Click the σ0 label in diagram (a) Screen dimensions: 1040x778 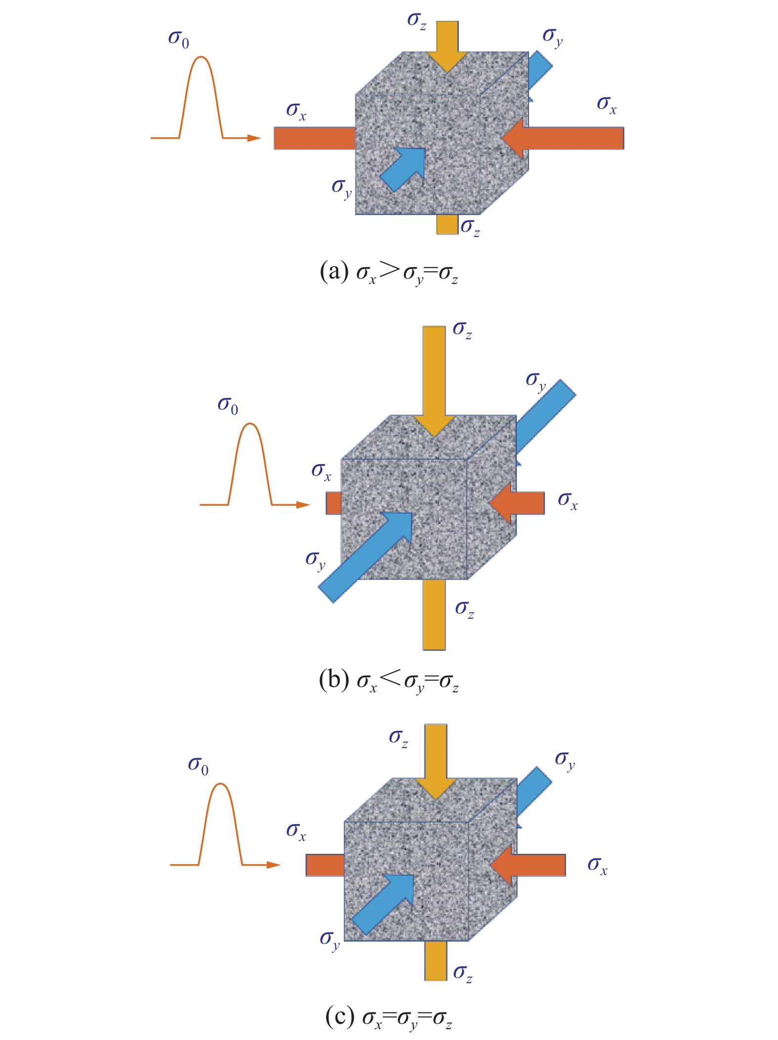[178, 39]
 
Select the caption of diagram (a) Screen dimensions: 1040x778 [389, 273]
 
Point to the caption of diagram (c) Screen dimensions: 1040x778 [389, 1018]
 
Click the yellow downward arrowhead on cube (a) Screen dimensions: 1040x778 [447, 61]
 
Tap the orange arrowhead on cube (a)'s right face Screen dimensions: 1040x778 [514, 138]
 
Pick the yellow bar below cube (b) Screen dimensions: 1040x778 [434, 614]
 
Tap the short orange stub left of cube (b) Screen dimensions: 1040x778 [333, 503]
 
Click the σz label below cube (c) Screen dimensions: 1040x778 [463, 972]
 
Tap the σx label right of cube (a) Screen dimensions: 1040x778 [607, 105]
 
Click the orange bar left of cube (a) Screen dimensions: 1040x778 [315, 138]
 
